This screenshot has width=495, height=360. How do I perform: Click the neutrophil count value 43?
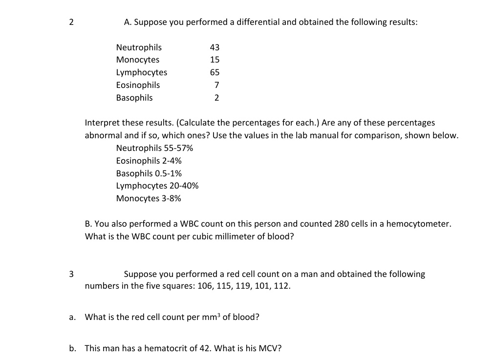point(215,47)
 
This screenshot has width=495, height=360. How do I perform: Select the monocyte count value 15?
point(215,60)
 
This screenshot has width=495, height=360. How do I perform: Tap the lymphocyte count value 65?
point(215,73)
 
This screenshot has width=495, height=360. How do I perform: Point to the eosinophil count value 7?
point(216,85)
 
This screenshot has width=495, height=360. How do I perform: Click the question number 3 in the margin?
point(71,274)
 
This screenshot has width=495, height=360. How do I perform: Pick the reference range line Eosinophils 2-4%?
point(149,161)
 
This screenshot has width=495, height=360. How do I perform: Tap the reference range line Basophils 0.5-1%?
point(149,173)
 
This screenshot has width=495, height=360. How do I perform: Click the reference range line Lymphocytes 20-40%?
point(157,186)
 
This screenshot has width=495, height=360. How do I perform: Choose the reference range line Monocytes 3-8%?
point(149,198)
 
